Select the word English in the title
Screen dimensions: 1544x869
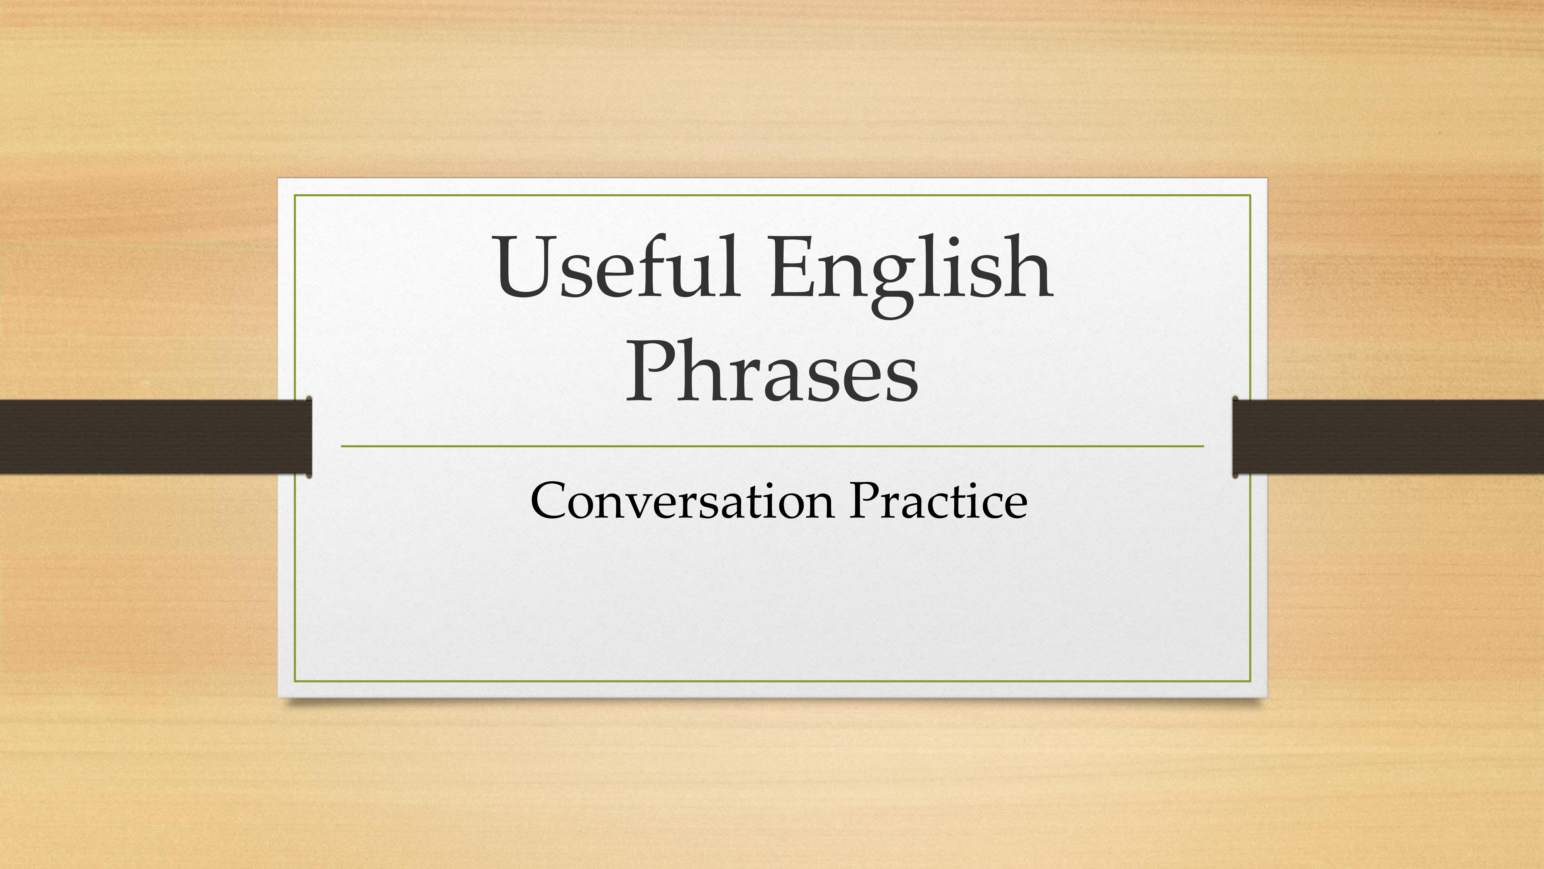pos(911,274)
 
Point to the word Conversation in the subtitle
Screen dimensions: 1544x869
pos(682,501)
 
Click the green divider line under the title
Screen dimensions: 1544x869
pos(773,446)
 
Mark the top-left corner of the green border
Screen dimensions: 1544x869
pos(295,195)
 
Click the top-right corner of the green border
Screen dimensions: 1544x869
pos(1250,195)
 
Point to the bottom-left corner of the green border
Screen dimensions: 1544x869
pos(295,681)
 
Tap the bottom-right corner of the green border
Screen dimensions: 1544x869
pos(1250,681)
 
